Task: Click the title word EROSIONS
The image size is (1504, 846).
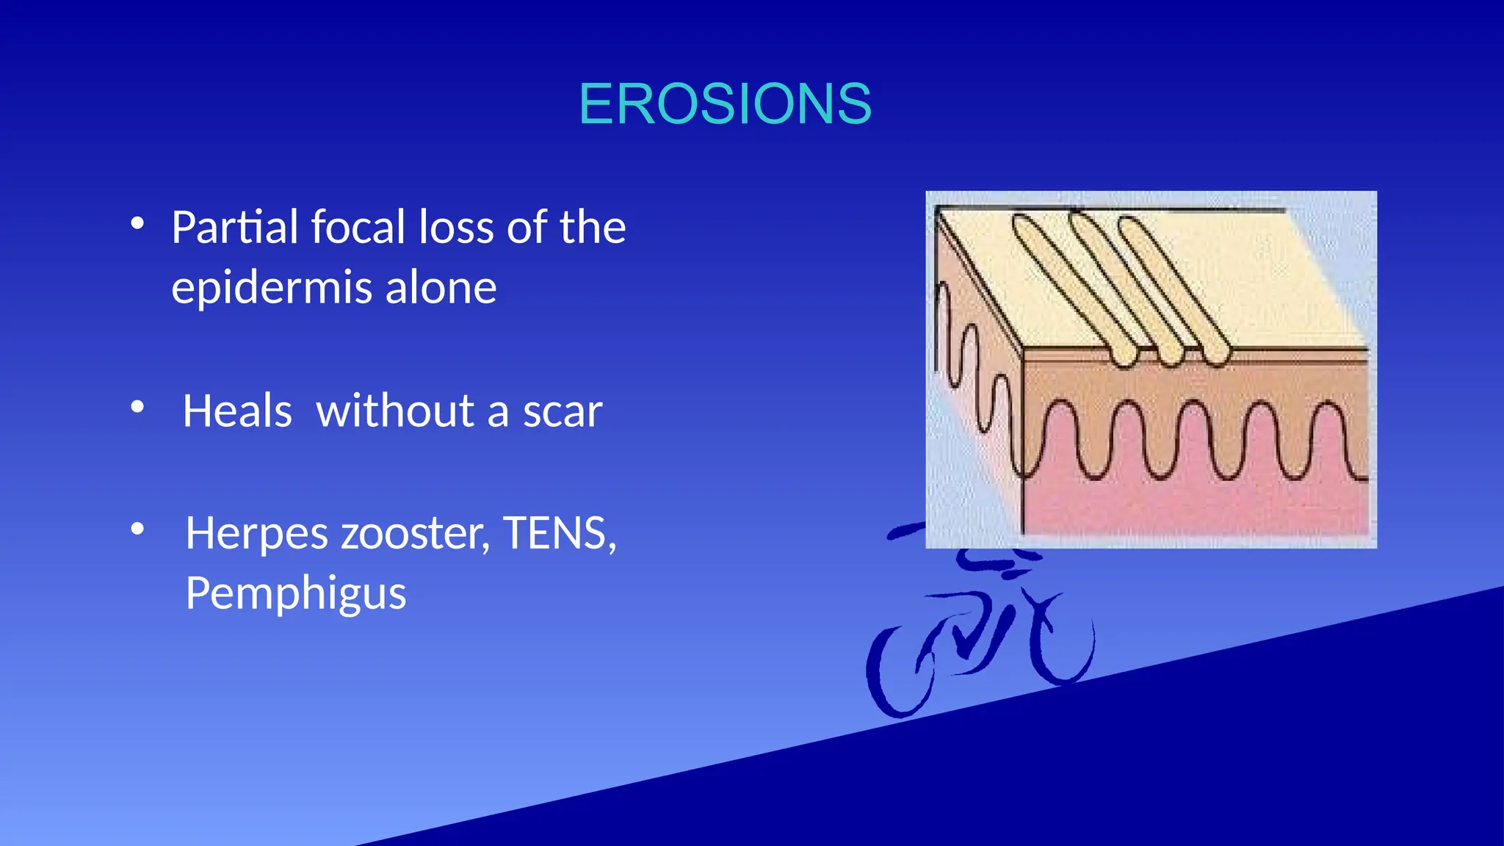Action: coord(725,104)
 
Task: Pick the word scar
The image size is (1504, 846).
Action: coord(563,412)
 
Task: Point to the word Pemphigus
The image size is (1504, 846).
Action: coord(296,594)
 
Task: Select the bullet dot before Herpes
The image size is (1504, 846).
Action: coord(137,528)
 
